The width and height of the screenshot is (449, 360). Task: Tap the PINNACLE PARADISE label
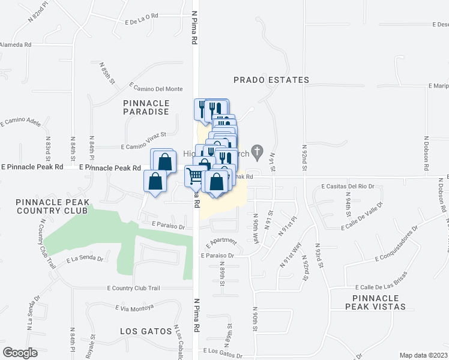click(146, 107)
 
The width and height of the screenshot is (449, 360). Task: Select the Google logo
click(20, 352)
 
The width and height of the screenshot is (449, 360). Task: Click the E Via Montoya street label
click(134, 307)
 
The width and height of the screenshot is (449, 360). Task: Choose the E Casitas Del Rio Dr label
click(348, 187)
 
